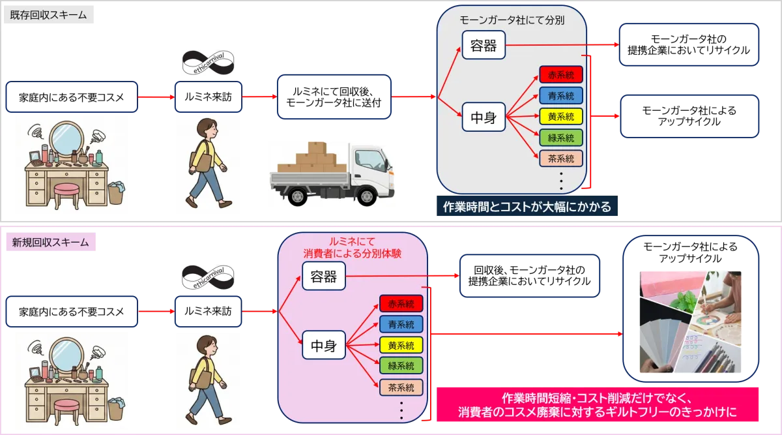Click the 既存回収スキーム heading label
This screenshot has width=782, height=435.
pyautogui.click(x=49, y=15)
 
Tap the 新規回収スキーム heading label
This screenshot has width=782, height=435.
pyautogui.click(x=49, y=243)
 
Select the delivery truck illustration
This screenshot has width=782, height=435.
pyautogui.click(x=330, y=174)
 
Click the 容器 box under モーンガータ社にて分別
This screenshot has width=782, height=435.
pyautogui.click(x=484, y=46)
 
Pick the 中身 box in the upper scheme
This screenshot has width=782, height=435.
pyautogui.click(x=484, y=118)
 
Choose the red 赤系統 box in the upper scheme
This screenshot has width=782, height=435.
pyautogui.click(x=561, y=74)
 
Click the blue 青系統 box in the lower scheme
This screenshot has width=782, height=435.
pyautogui.click(x=401, y=324)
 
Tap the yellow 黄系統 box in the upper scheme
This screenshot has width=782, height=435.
pyautogui.click(x=561, y=117)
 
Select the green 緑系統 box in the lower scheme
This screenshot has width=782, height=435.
pyautogui.click(x=401, y=366)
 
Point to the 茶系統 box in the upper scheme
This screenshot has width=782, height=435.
pyautogui.click(x=561, y=158)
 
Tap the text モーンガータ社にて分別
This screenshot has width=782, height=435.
pyautogui.click(x=512, y=20)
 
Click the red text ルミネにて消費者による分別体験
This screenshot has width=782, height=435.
pyautogui.click(x=352, y=248)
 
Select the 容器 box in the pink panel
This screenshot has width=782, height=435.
pyautogui.click(x=323, y=277)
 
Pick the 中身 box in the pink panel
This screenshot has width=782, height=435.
pyautogui.click(x=323, y=346)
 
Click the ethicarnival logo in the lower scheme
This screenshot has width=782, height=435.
pyautogui.click(x=209, y=276)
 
